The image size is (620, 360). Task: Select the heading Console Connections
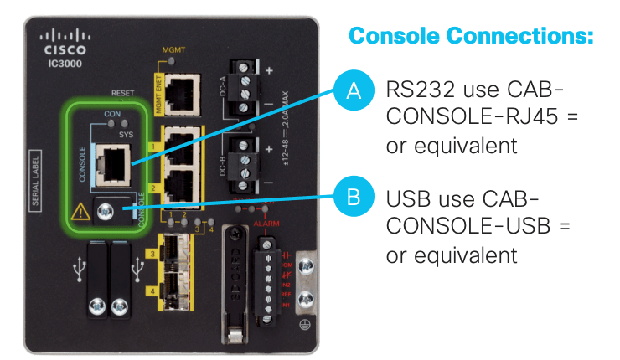[x=470, y=36]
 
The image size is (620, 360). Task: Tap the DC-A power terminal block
[x=242, y=88]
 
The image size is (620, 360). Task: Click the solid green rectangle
[x=496, y=321]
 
